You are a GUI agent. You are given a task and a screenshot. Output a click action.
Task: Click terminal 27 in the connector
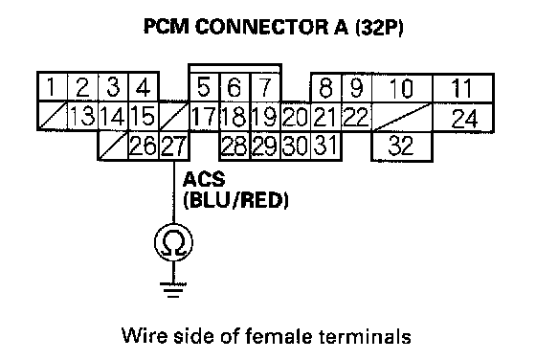point(174,146)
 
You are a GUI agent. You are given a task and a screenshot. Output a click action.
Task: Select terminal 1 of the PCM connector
point(52,87)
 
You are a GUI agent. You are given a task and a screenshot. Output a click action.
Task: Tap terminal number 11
point(463,88)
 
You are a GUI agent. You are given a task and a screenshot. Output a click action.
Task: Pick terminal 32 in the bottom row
point(402,146)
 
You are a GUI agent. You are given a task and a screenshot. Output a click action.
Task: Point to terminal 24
point(464,117)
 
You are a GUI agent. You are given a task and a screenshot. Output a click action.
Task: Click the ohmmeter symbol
point(173,242)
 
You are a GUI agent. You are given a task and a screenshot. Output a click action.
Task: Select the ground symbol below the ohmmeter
point(173,289)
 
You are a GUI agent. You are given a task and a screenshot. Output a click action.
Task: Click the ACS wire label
point(204,179)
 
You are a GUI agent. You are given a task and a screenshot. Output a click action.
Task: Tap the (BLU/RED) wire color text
point(235,200)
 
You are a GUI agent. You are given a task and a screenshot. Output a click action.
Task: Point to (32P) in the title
point(379,28)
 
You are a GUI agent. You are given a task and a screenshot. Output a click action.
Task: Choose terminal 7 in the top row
point(266,87)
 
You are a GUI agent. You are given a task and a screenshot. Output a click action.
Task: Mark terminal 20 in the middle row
point(296,117)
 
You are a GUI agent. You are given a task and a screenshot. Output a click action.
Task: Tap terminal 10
point(402,88)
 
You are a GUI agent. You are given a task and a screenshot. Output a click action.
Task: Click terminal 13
point(82,116)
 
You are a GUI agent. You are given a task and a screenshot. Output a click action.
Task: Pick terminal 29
point(266,146)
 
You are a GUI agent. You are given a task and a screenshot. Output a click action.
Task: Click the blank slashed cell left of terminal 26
point(113,146)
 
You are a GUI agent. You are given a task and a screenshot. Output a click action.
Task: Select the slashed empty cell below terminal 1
point(53,116)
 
